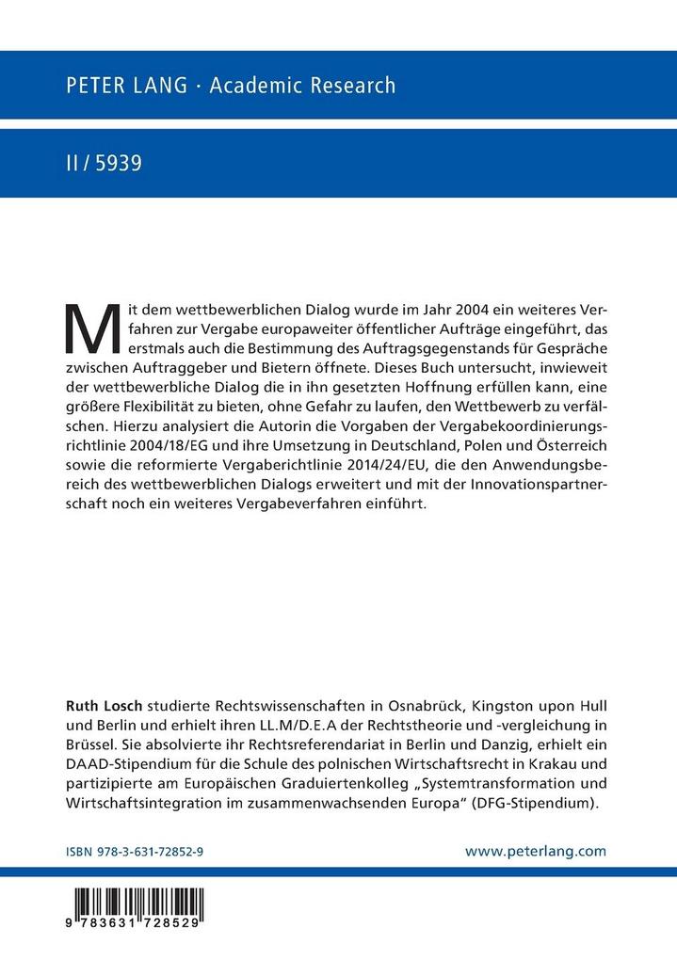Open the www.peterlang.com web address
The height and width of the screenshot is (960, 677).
[536, 850]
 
